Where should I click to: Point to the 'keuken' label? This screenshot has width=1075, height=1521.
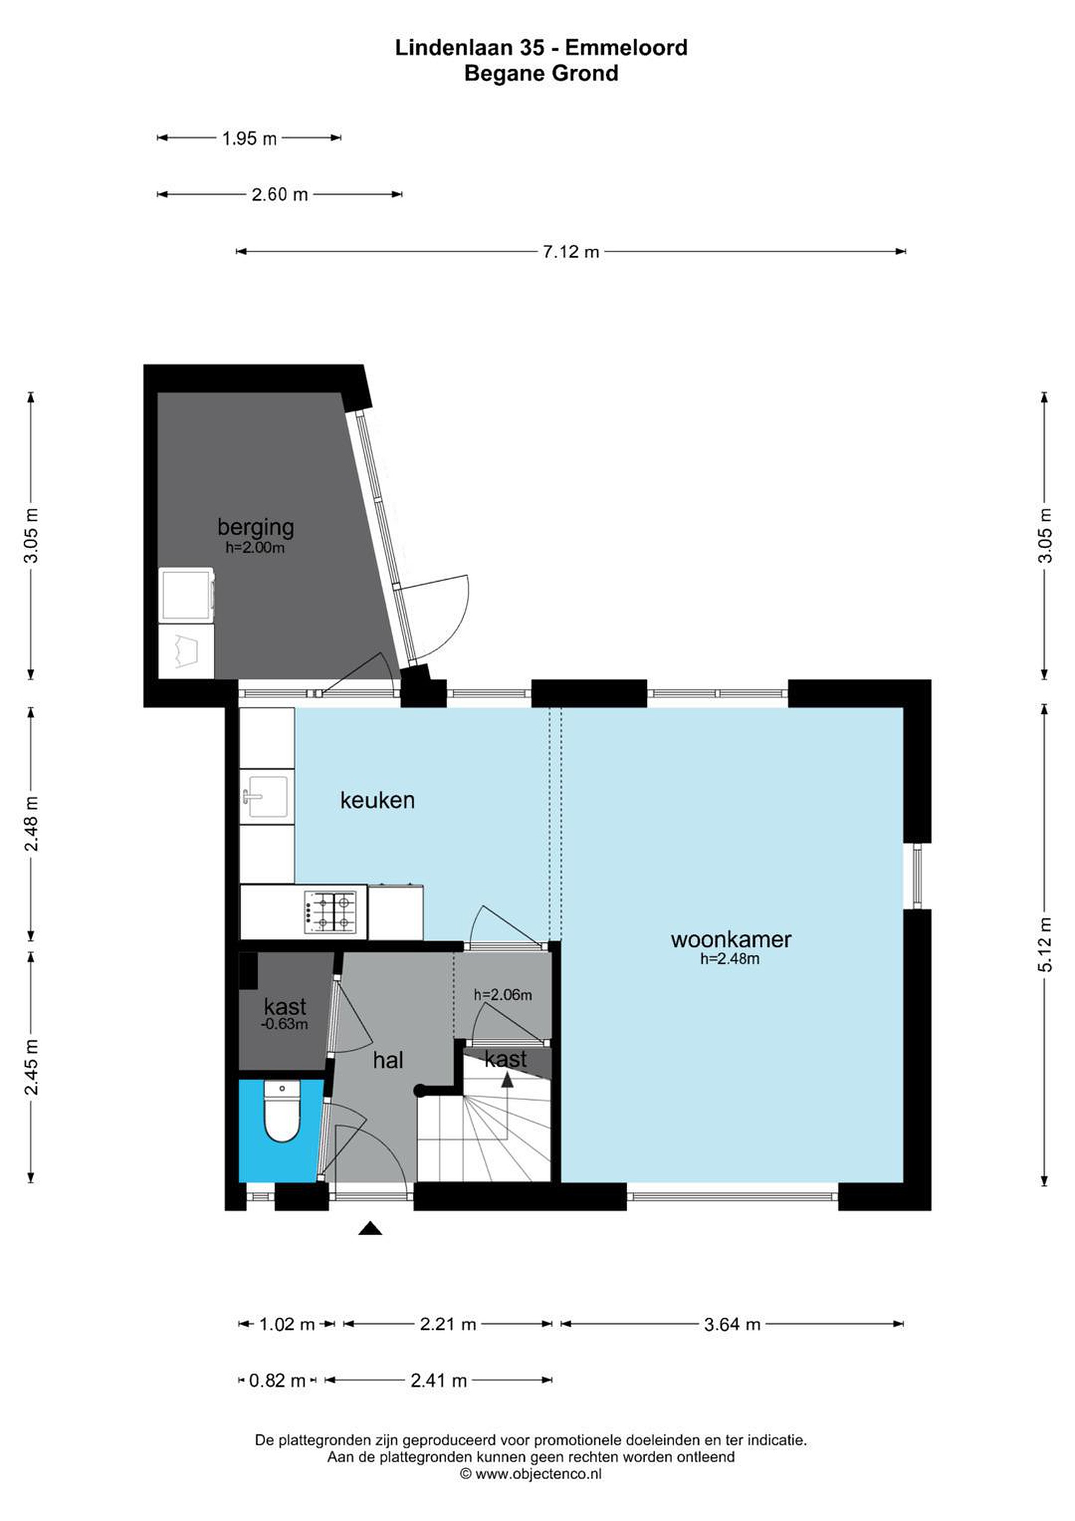pyautogui.click(x=377, y=800)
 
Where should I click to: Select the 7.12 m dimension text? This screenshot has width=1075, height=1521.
pyautogui.click(x=570, y=252)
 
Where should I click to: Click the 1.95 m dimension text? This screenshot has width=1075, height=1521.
pyautogui.click(x=249, y=138)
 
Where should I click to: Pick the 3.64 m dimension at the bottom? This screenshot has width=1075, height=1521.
pyautogui.click(x=732, y=1324)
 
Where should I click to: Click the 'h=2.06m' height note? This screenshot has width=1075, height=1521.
pyautogui.click(x=503, y=994)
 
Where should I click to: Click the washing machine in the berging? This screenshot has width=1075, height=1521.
pyautogui.click(x=187, y=594)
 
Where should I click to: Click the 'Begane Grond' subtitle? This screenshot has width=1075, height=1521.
pyautogui.click(x=541, y=73)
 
